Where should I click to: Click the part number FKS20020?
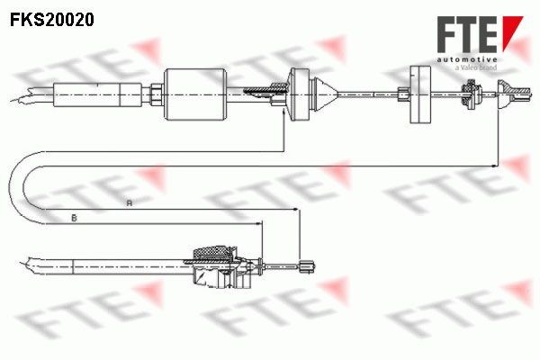pos(52,20)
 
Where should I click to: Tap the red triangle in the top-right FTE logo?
pos(510,32)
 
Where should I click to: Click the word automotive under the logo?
pos(467,60)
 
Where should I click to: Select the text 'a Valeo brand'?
pos(475,67)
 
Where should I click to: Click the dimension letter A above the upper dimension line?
pos(129,203)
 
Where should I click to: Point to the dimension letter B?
pos(74,218)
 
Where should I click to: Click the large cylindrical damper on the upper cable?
pos(195,94)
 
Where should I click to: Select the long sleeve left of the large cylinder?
pos(98,94)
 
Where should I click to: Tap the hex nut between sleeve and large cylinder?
pos(157,94)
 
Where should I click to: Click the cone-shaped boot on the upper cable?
pos(325,94)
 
